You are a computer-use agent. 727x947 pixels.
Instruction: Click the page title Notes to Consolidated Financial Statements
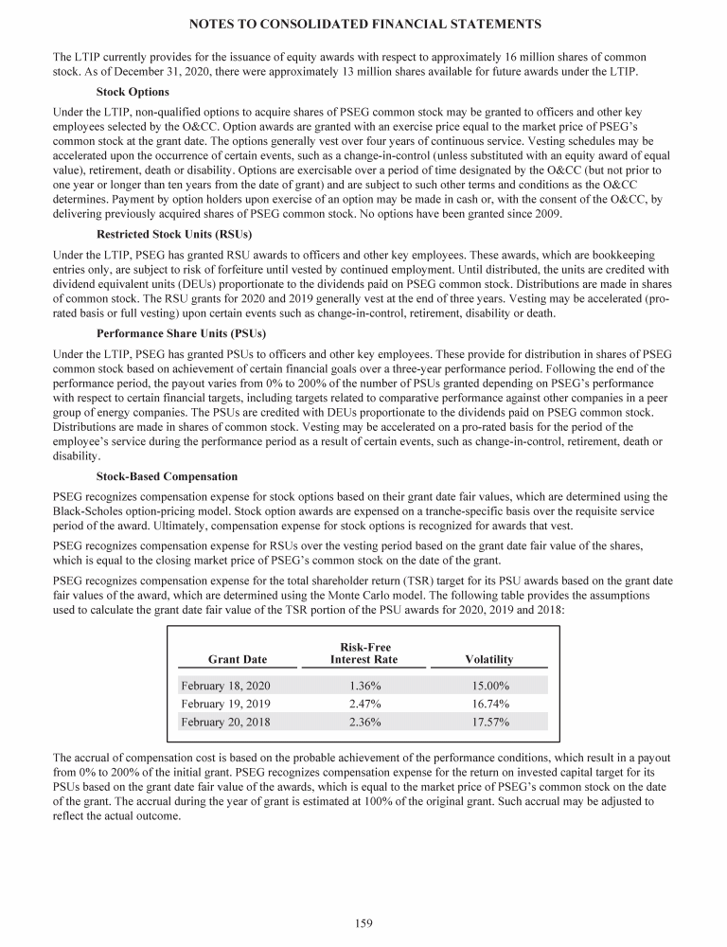point(363,22)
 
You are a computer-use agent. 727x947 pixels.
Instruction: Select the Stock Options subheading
point(133,92)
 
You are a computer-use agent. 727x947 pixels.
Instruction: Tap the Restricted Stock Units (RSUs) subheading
point(174,234)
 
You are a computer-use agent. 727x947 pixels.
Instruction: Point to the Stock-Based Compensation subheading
point(167,475)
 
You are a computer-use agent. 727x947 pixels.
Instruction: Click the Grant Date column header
point(238,659)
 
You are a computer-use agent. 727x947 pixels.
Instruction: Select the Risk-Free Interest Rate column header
point(363,653)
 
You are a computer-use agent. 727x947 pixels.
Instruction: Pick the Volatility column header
point(489,659)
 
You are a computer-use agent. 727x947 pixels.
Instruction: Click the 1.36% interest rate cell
point(364,685)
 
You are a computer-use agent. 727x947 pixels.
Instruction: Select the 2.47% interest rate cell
point(364,703)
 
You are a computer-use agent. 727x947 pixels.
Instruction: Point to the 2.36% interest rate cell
point(364,722)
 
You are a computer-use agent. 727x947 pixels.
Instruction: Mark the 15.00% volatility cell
point(490,685)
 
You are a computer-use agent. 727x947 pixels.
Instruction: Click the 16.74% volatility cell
point(490,703)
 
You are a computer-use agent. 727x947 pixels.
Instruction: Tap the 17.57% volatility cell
point(490,722)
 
